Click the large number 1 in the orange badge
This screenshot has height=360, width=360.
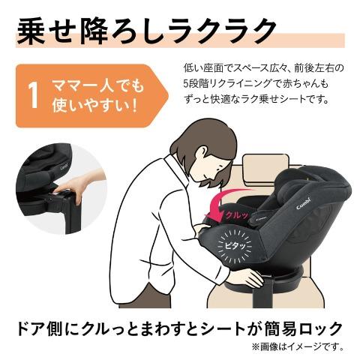tap(33, 96)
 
